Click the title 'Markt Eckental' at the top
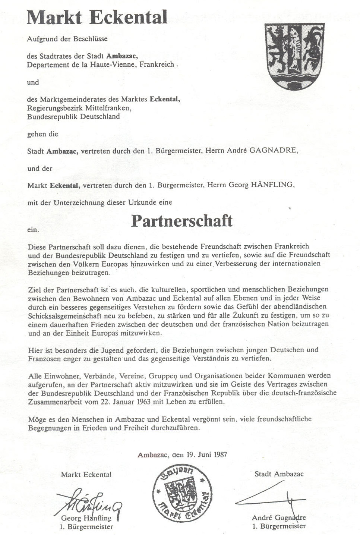point(97,18)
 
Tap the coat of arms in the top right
point(294,55)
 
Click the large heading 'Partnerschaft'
point(182,221)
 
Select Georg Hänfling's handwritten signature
point(89,503)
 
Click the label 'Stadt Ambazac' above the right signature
point(279,474)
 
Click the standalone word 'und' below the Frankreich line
point(33,82)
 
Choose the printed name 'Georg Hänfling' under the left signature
point(86,518)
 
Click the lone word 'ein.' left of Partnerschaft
point(33,230)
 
